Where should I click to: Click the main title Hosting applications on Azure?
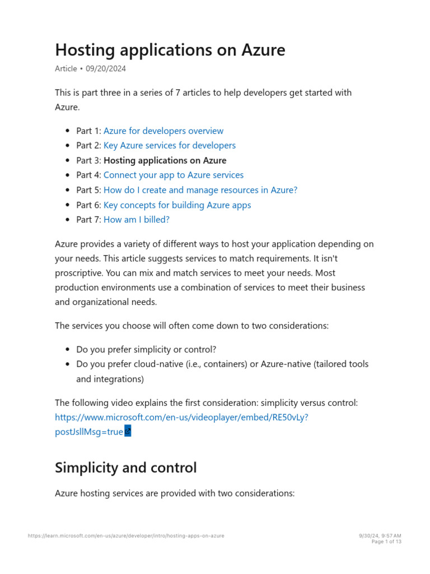coord(170,50)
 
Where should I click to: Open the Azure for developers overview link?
coord(163,131)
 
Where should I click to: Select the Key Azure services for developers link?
coord(169,145)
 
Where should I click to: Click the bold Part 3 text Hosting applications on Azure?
coord(165,160)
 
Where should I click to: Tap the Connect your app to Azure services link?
coord(173,175)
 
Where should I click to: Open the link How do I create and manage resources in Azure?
coord(200,190)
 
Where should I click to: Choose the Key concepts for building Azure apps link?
coord(177,205)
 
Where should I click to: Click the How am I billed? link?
coord(136,220)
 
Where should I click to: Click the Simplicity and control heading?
coord(125,467)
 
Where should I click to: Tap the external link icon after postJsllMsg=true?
coord(128,432)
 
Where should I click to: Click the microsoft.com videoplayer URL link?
coord(181,418)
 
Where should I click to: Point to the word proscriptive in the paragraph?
coord(80,273)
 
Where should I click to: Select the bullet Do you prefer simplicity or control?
coord(146,349)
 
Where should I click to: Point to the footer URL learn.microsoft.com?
coord(126,536)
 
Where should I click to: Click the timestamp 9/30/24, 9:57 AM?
coord(380,536)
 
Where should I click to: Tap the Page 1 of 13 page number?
coord(386,542)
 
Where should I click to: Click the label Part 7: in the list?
coord(88,220)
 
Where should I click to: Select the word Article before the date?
coord(66,69)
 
